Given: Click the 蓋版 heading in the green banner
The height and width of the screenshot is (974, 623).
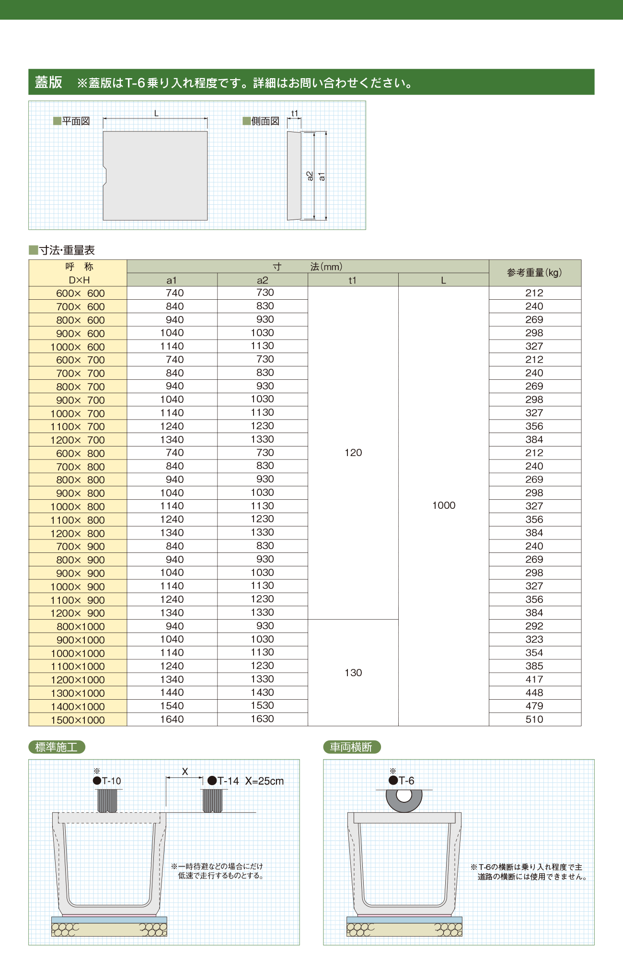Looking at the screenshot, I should click(48, 82).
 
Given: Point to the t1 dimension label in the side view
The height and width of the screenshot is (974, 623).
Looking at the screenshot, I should click(295, 114).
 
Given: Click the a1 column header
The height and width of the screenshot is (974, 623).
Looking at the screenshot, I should click(172, 281).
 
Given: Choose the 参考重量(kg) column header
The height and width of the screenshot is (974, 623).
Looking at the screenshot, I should click(534, 273).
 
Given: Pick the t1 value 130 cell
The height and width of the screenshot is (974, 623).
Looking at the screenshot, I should click(353, 673).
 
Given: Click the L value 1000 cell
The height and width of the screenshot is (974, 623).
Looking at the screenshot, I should click(444, 505).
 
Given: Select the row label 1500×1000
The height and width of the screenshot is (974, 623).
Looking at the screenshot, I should click(78, 720).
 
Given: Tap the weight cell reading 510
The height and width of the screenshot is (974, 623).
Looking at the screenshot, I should click(534, 719).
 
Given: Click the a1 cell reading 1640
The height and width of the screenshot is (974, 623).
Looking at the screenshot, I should click(172, 719).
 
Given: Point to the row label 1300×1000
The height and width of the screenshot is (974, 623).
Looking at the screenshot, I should click(78, 693).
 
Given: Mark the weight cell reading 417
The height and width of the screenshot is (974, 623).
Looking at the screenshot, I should click(534, 680).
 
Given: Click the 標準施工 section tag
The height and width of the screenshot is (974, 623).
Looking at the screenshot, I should click(57, 747).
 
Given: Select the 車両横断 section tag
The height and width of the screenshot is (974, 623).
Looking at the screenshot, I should click(351, 747).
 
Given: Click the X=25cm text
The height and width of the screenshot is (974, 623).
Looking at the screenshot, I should click(265, 781).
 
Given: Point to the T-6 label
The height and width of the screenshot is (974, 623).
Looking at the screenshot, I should click(406, 781).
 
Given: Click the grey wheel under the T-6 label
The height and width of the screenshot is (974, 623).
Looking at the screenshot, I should click(404, 800).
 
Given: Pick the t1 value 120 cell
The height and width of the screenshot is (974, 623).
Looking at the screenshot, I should click(353, 453).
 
